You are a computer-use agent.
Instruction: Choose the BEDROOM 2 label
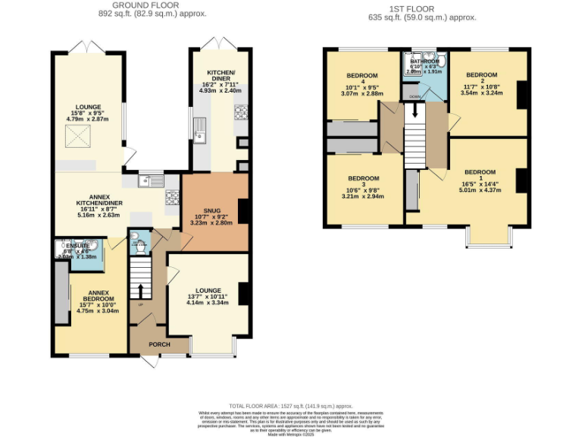481,76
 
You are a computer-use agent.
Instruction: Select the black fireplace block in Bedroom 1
521,181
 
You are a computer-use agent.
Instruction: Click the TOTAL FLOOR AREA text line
290,406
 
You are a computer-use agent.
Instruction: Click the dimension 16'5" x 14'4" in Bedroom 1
479,183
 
